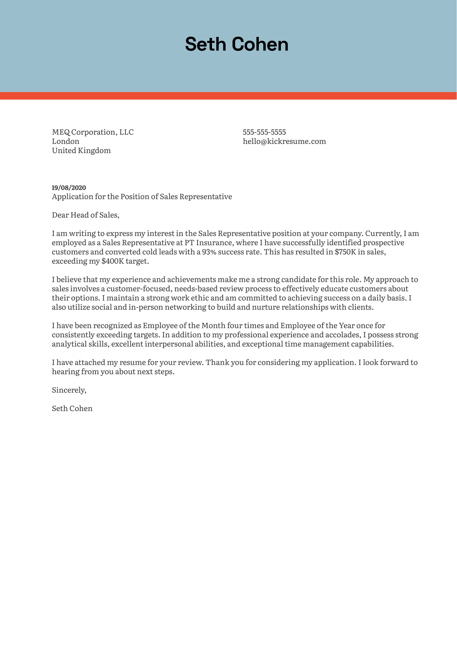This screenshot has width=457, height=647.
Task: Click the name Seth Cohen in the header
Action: click(237, 45)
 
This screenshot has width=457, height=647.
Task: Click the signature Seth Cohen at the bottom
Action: click(72, 408)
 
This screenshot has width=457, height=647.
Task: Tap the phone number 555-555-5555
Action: click(264, 132)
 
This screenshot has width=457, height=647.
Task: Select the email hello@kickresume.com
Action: click(284, 141)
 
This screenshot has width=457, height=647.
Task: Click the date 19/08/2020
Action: click(69, 188)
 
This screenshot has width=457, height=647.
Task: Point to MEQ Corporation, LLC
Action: click(93, 132)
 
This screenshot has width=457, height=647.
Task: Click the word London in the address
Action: click(66, 141)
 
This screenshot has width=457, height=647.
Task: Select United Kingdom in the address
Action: click(81, 151)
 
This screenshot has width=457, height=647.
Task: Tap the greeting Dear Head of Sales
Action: click(86, 215)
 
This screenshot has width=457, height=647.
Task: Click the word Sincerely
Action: click(69, 390)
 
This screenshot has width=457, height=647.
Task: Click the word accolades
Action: click(341, 335)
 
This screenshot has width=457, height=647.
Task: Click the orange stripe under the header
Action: click(228, 96)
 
